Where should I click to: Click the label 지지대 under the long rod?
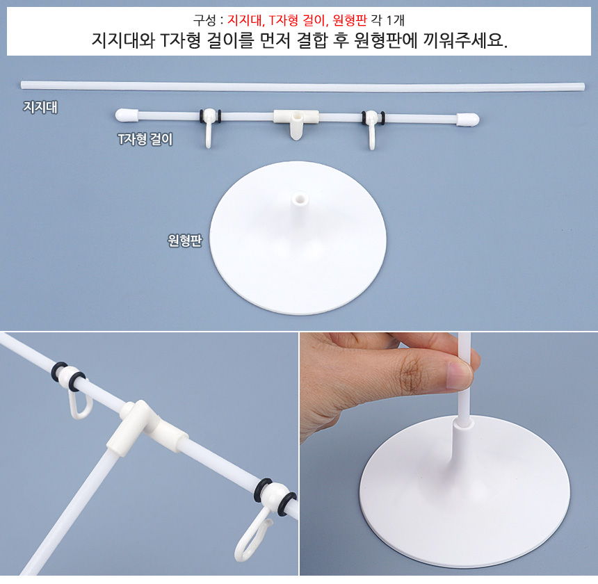coord(40,107)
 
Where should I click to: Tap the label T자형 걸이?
coord(145,139)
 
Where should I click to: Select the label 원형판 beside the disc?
coord(185,240)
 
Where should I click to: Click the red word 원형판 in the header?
coord(349,20)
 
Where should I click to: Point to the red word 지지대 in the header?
coord(245,20)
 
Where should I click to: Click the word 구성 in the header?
coord(205,20)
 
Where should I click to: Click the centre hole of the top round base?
coord(300,198)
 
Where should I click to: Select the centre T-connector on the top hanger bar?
coord(296,122)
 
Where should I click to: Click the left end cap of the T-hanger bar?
coord(127,115)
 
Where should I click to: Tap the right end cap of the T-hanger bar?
coord(468,120)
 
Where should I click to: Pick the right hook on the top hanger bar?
coord(372,131)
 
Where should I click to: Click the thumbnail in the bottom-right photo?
coord(459,375)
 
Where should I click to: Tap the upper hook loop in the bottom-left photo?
coord(80,402)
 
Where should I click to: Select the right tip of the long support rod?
coord(583,87)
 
